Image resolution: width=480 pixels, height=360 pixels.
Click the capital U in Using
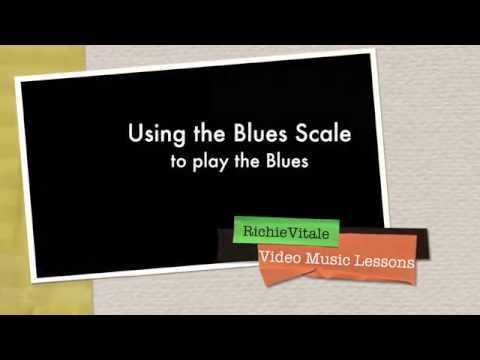[x=133, y=135]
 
